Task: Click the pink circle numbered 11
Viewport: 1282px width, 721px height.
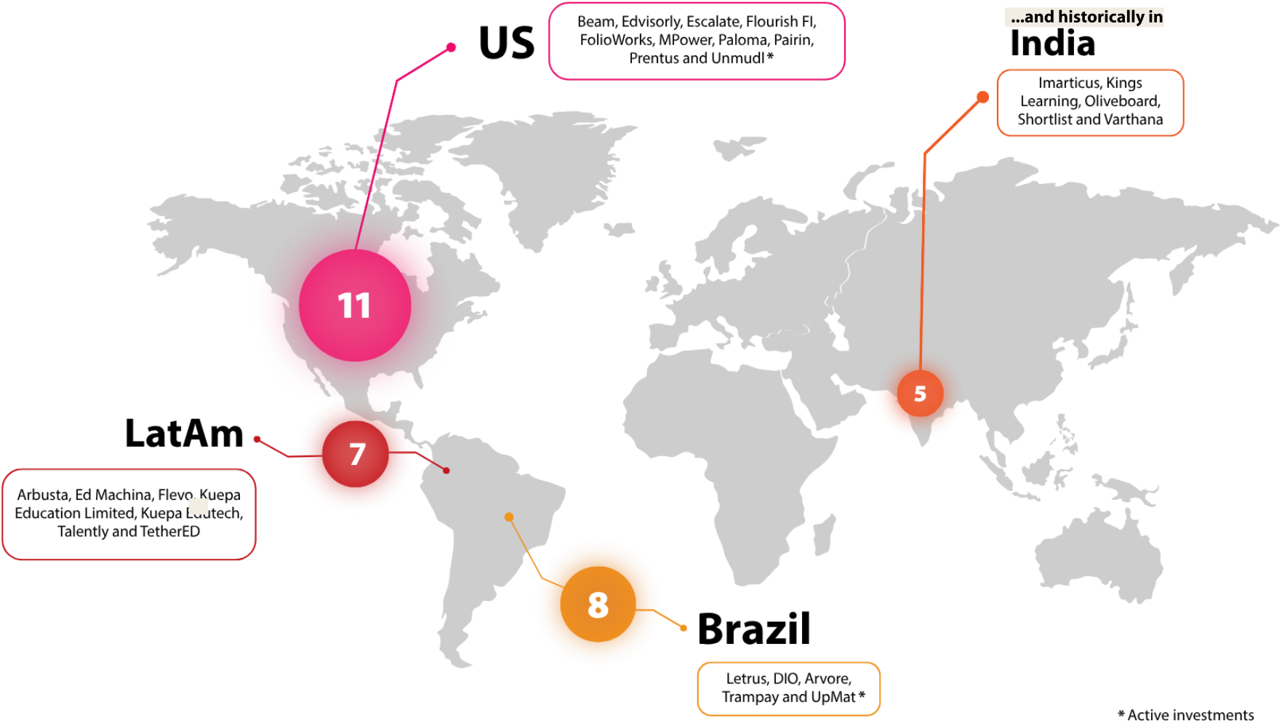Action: [355, 305]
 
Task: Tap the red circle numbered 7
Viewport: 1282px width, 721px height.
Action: [356, 454]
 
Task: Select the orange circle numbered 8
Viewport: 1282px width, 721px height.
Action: [598, 604]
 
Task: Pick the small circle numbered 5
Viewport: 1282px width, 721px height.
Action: [920, 394]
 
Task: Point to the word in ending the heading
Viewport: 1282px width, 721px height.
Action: [1155, 17]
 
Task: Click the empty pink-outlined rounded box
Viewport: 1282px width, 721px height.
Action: [697, 41]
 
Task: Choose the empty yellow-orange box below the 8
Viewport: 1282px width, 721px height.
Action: [788, 688]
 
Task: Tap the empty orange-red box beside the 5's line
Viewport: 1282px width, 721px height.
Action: [1089, 103]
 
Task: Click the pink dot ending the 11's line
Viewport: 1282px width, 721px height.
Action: [451, 47]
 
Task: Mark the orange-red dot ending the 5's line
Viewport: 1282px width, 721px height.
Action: [982, 97]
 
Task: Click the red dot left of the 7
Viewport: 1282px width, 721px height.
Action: [257, 439]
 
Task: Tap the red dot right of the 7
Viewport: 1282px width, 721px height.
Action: [446, 471]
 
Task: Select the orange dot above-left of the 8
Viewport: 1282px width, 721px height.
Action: [509, 517]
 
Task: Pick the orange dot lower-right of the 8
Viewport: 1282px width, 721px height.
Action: [684, 628]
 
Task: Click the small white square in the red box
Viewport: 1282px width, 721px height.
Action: [199, 506]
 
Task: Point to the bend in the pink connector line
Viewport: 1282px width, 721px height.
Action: [397, 79]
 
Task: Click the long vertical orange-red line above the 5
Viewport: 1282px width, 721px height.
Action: [923, 262]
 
